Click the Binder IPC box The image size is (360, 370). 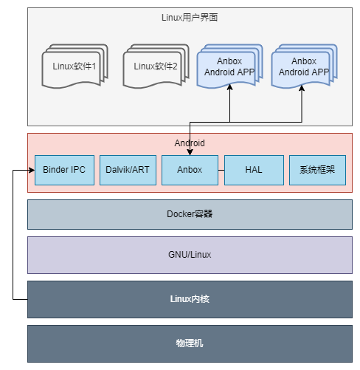64,170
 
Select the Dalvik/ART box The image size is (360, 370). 128,170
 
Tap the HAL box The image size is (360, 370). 254,170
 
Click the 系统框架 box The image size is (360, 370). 317,170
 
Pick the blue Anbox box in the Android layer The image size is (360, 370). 190,170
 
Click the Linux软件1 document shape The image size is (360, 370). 75,66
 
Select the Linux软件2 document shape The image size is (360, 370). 156,66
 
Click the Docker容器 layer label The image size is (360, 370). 190,214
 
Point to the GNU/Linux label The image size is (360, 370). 190,255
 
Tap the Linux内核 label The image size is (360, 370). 190,299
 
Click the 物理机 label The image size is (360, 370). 190,343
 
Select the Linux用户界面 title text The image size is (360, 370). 190,18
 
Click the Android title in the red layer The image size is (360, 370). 190,143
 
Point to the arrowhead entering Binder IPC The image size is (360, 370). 32,170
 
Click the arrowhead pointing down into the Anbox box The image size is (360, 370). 190,152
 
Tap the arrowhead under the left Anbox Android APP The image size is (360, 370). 229,87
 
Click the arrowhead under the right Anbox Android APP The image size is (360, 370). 302,88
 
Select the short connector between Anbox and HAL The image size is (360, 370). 221,170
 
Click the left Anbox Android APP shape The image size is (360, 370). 230,66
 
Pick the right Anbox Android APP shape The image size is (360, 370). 305,66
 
